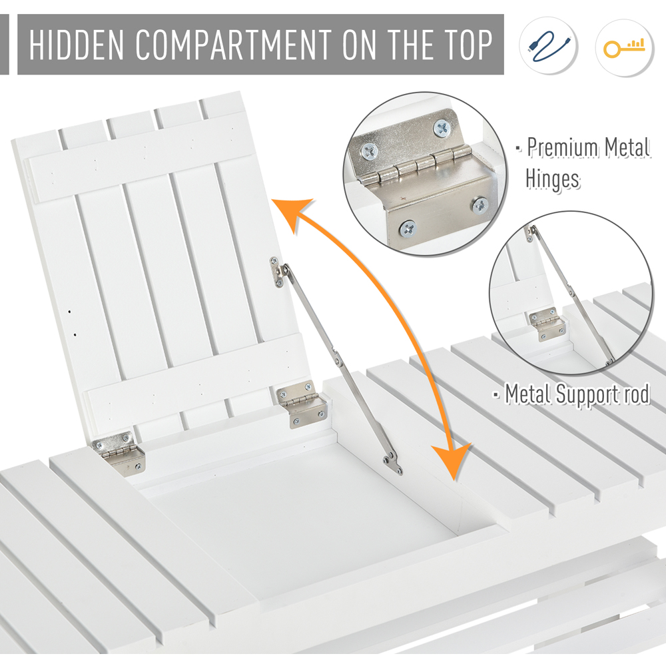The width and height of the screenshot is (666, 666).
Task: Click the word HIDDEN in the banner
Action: pos(76,45)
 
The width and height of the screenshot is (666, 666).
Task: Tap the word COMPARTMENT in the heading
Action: pos(234,45)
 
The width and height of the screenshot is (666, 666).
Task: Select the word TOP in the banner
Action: pos(468,45)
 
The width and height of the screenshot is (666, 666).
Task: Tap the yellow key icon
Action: pos(624,47)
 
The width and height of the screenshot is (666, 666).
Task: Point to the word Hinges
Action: pos(552,178)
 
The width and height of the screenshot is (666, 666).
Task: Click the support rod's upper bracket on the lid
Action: pos(278,272)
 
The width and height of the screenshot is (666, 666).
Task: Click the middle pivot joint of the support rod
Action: pos(337,357)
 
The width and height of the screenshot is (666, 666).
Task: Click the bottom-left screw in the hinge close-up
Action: pos(408,230)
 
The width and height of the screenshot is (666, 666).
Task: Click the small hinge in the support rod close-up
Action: pos(547,324)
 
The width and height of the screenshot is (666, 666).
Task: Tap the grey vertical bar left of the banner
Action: pos(4,44)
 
